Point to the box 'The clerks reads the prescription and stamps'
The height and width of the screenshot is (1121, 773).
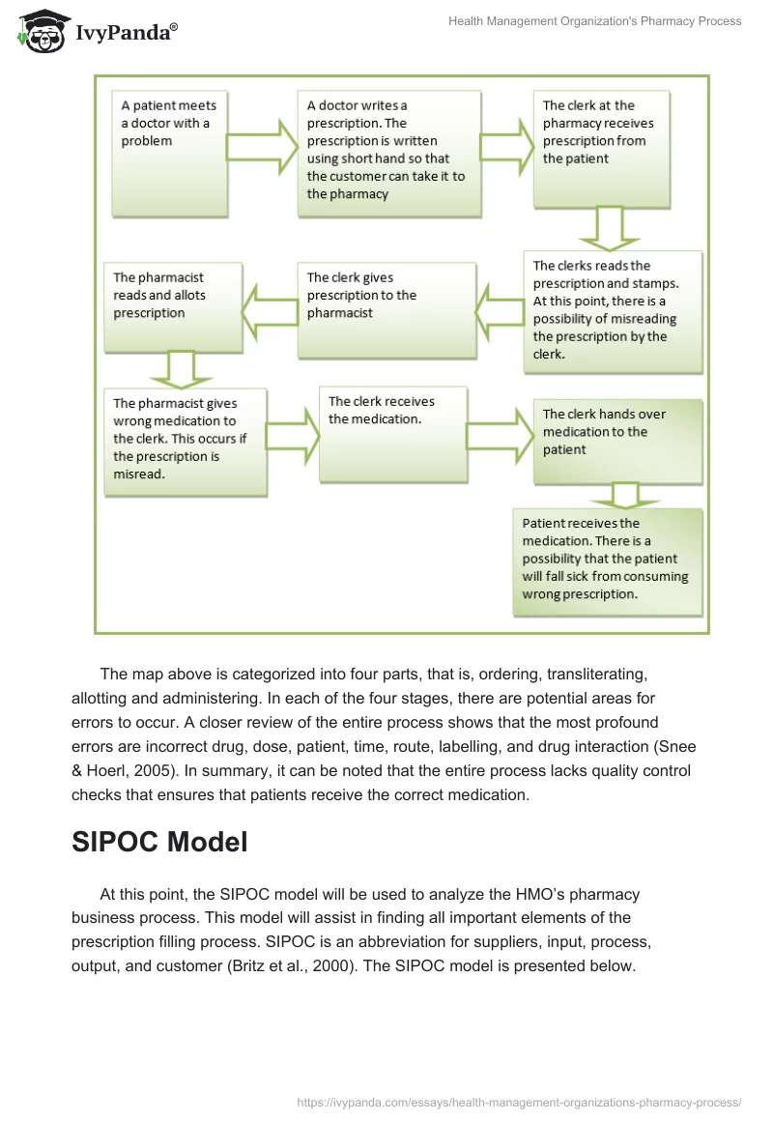pyautogui.click(x=613, y=311)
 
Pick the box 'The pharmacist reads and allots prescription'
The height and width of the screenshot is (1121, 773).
pyautogui.click(x=172, y=306)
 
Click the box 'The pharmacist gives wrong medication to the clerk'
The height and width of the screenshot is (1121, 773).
pyautogui.click(x=185, y=441)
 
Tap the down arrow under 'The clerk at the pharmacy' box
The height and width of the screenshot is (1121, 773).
pyautogui.click(x=607, y=228)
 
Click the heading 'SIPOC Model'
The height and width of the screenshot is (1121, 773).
pyautogui.click(x=159, y=842)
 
